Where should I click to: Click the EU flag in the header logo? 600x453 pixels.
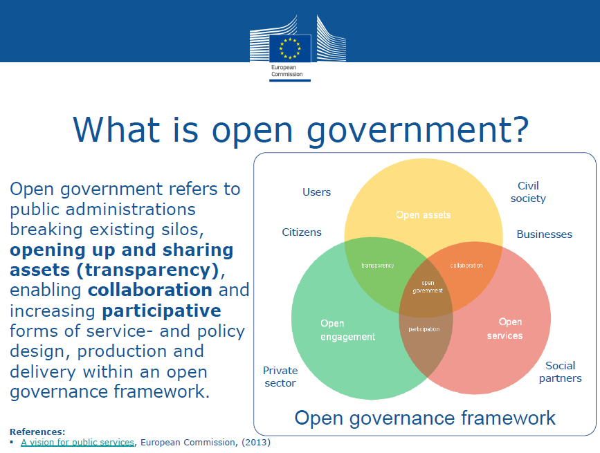pos(290,48)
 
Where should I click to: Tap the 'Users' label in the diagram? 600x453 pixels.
pos(316,192)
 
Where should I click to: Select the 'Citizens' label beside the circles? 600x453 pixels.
pos(302,232)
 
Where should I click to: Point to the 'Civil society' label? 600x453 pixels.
pos(528,192)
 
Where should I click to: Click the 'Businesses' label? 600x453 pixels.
pos(544,234)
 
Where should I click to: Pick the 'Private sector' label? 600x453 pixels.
pos(280,376)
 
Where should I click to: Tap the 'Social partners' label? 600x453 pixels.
pos(560,371)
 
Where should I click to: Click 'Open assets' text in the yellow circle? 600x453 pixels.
pos(424,215)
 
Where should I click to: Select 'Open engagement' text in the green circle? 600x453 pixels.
pos(347,330)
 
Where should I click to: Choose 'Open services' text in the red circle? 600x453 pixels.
pos(504,329)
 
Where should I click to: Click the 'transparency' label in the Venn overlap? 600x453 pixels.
pos(377,266)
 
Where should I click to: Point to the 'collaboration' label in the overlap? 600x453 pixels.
pos(466,266)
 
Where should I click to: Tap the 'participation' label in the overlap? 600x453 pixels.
pos(424,329)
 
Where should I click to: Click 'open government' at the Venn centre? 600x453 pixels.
pos(428,287)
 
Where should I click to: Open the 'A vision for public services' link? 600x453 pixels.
pos(78,443)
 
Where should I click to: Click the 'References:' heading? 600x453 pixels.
pos(37,432)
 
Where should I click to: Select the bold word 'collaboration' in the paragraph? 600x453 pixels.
pos(150,290)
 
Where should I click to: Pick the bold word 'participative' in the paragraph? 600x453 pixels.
pos(161,311)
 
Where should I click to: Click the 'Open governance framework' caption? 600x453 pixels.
pos(425,418)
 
